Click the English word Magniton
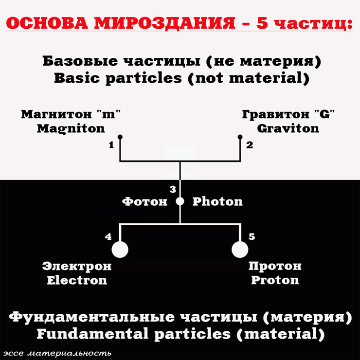71,129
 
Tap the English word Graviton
288,129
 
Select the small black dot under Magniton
120,138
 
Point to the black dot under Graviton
240,138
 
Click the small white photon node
180,201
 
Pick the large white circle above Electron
120,250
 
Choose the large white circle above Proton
240,250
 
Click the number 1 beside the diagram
111,145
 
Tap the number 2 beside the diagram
250,145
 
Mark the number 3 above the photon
172,189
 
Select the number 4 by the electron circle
108,237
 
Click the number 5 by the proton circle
252,237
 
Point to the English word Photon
217,201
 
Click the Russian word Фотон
144,201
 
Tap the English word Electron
76,280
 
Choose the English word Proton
275,280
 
